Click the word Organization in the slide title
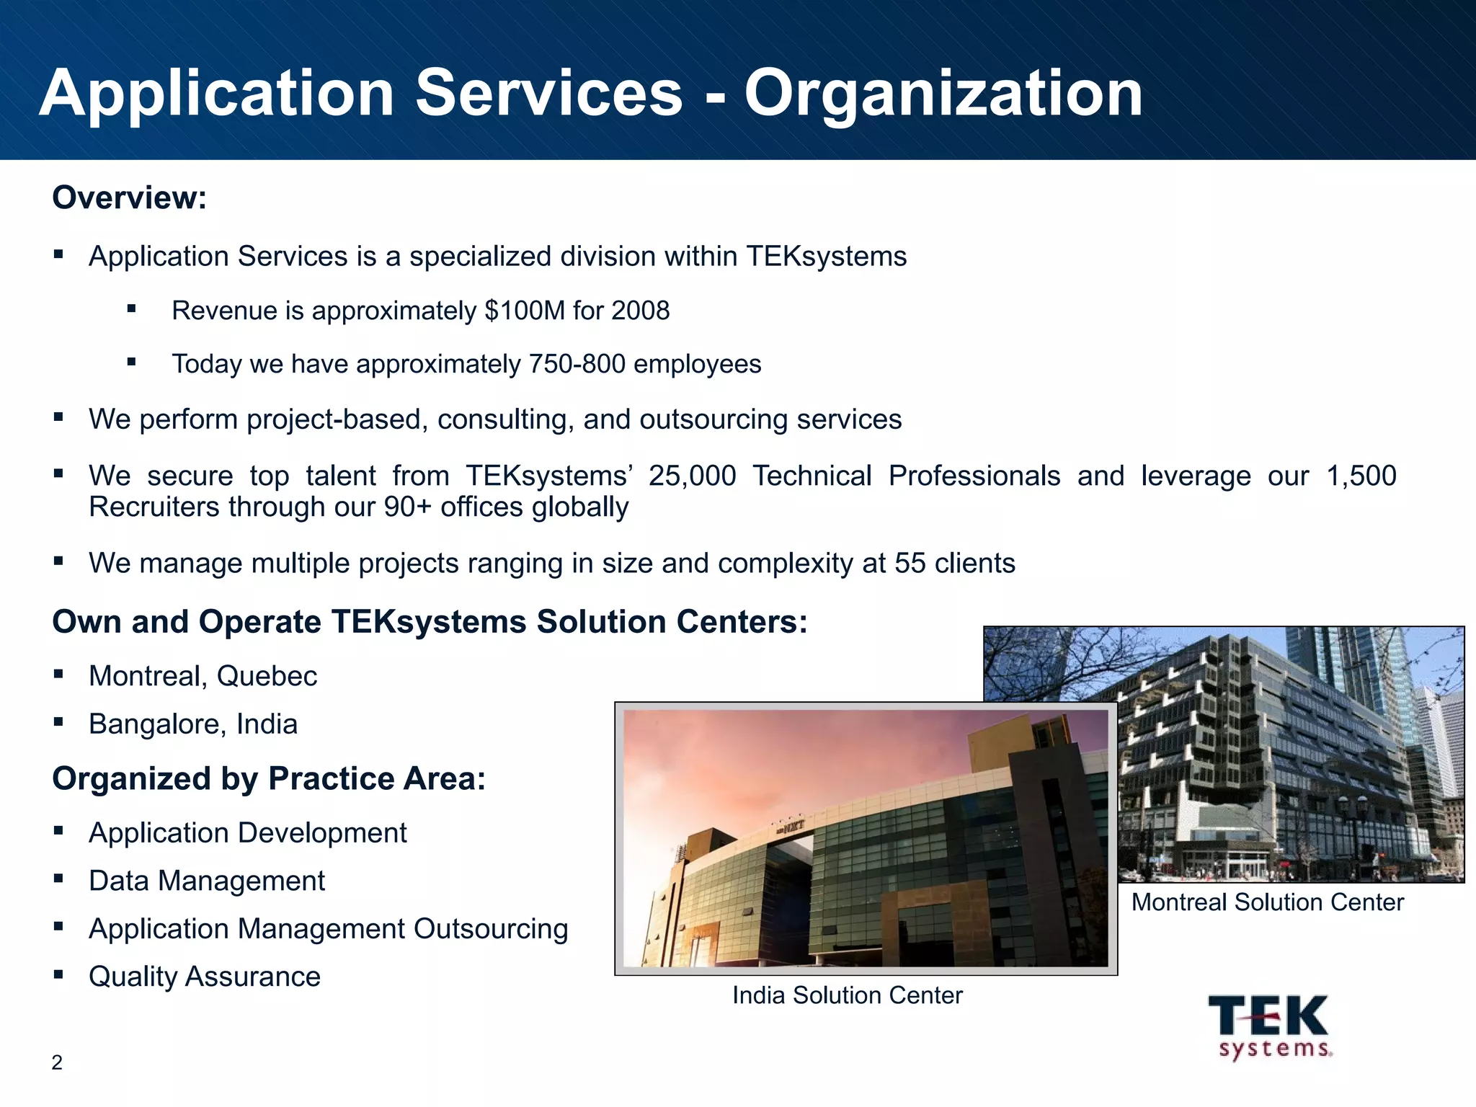tap(943, 94)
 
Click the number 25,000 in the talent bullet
tap(692, 476)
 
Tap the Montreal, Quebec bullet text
tap(203, 676)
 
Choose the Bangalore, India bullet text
tap(192, 724)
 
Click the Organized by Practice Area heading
tap(269, 778)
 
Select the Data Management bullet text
tap(207, 881)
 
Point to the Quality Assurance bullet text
tap(205, 977)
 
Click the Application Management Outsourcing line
tap(328, 929)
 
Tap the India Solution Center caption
tap(847, 995)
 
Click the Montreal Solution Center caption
tap(1267, 902)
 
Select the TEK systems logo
tap(1270, 1026)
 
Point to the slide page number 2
tap(57, 1062)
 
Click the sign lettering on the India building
tap(791, 827)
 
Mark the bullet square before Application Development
tap(58, 831)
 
